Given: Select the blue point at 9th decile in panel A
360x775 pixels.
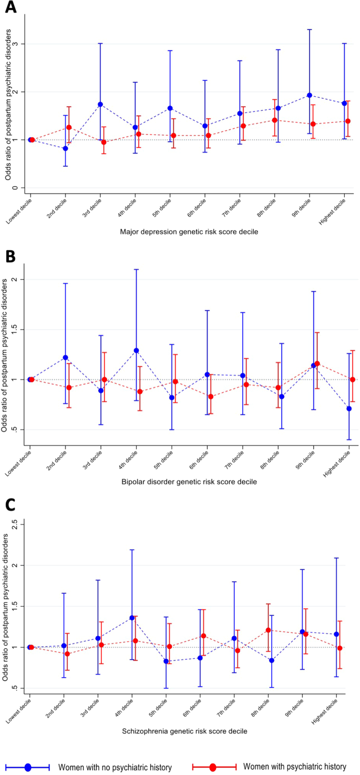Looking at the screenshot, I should coord(310,95).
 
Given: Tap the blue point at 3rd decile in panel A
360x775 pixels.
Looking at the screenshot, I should coord(100,104).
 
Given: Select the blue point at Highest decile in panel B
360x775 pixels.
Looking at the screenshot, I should coord(349,409).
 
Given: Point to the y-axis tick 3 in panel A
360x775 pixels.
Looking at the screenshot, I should coord(22,44).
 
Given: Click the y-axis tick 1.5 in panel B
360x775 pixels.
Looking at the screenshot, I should coord(20,329).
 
